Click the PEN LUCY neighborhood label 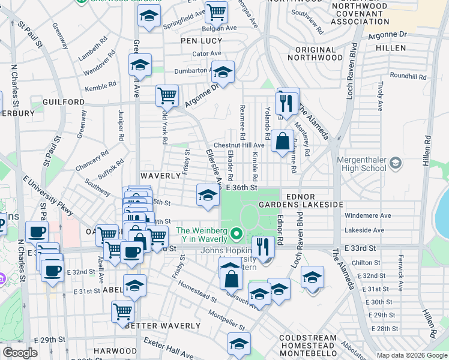[202, 40]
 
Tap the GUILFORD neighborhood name [64, 102]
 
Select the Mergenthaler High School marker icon [396, 162]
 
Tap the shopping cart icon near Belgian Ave [216, 11]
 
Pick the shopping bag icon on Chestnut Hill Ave [282, 142]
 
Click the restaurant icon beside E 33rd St [262, 245]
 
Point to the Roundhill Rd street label [408, 77]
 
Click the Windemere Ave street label [368, 215]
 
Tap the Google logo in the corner [20, 353]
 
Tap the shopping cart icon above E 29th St [122, 311]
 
